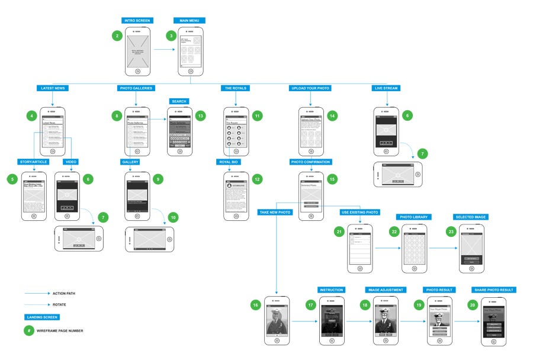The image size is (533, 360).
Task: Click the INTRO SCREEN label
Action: (x=137, y=21)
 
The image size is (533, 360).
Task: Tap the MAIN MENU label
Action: (x=189, y=21)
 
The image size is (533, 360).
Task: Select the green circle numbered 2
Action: (x=117, y=36)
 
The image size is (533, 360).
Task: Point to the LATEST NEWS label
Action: (x=52, y=88)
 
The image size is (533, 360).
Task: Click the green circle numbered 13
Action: (x=201, y=116)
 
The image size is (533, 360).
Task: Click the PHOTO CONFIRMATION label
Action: (x=311, y=162)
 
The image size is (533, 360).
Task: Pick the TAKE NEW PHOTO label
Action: (x=275, y=211)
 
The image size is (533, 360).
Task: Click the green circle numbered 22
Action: (x=393, y=232)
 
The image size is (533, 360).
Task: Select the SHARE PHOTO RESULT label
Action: (x=493, y=290)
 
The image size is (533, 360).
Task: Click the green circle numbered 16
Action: (x=255, y=305)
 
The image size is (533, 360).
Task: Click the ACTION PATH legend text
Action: (x=64, y=293)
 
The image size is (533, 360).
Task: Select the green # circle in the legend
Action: (x=29, y=330)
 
